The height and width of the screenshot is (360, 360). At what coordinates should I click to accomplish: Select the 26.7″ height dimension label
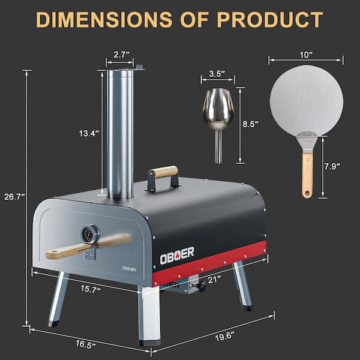point(13,197)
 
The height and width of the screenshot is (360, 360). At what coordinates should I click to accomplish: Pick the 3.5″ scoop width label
point(217,74)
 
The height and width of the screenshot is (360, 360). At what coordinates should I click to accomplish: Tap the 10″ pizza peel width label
point(305,55)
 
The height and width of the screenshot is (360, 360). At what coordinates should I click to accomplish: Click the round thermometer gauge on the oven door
point(89,233)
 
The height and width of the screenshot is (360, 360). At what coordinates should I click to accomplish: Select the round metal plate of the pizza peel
point(306,100)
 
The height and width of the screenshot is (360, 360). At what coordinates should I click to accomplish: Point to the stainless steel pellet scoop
point(218,117)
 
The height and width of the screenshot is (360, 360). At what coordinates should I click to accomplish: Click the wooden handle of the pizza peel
point(307,174)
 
